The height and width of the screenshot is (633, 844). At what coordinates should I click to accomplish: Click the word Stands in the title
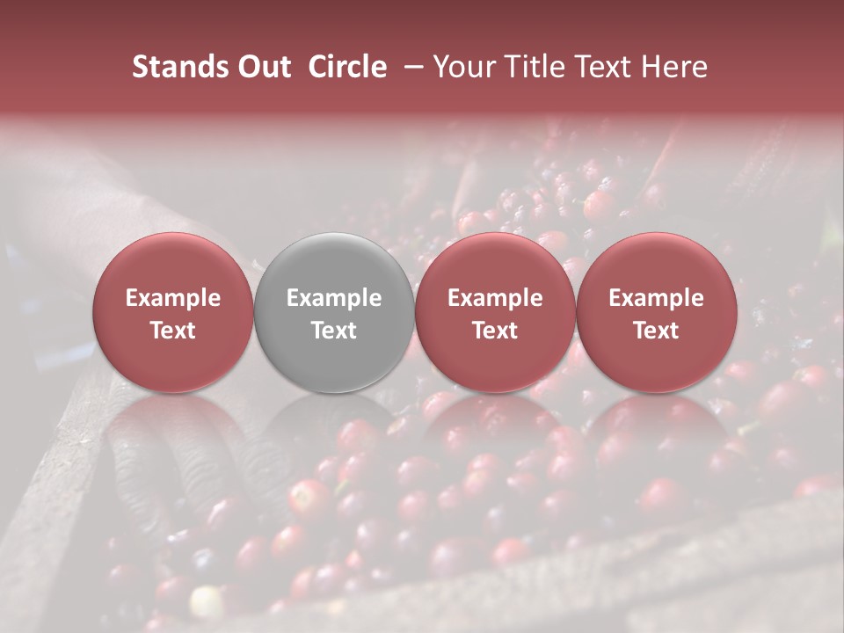[176, 67]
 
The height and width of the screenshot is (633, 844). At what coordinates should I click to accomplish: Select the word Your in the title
[465, 67]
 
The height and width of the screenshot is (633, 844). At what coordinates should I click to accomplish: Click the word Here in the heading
[676, 67]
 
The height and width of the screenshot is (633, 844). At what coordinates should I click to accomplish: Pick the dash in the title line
[411, 67]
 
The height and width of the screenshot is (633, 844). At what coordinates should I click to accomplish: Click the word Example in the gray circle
[334, 298]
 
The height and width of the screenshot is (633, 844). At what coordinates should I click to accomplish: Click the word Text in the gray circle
[334, 331]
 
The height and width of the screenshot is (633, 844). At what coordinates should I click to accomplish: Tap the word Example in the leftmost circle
[173, 298]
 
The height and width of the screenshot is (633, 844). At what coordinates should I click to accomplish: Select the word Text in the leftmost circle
[173, 331]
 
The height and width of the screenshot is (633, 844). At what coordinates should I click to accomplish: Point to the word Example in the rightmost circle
[657, 298]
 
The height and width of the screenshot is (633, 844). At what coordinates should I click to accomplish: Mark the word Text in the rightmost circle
[657, 331]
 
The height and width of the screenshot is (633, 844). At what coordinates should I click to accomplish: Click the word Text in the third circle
[495, 331]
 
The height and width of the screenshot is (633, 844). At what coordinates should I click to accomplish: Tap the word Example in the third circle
[495, 298]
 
